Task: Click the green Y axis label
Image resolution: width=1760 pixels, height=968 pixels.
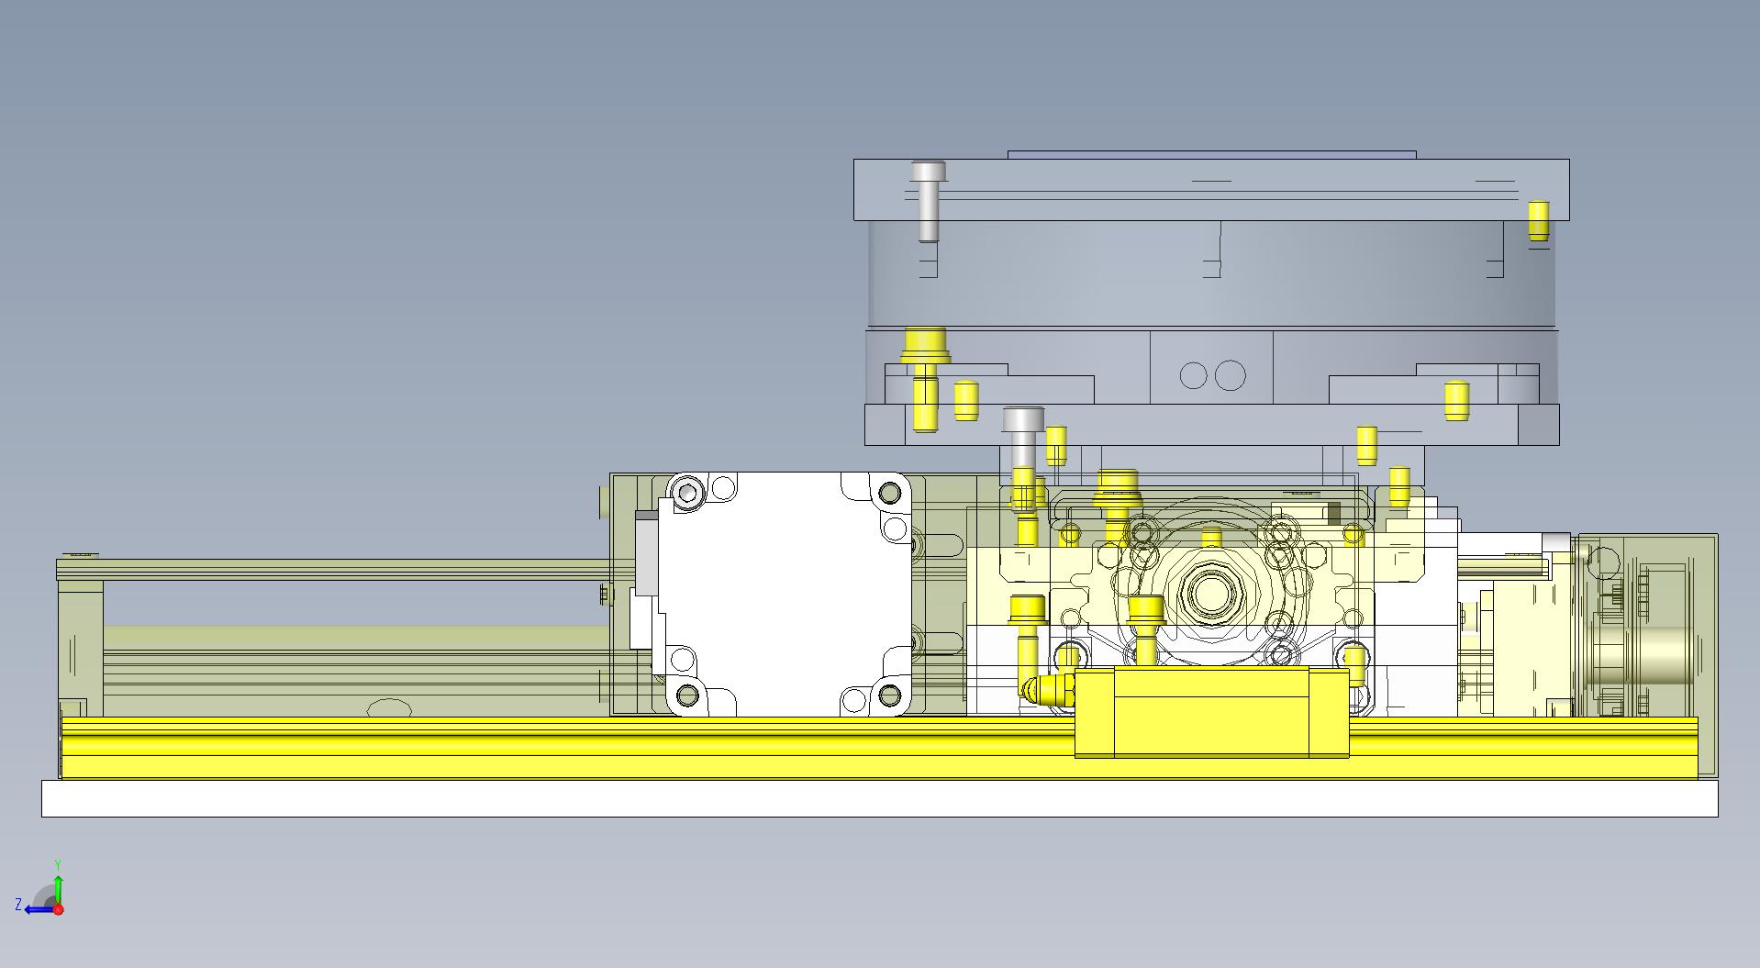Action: (57, 865)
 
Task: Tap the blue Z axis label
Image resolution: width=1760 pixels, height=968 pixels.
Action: (18, 905)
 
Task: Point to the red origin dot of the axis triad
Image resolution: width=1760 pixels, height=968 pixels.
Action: (58, 909)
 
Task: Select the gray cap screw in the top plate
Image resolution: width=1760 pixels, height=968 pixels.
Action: (929, 202)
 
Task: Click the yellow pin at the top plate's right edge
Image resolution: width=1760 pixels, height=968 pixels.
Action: (1539, 221)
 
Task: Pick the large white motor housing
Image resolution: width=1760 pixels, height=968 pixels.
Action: (785, 594)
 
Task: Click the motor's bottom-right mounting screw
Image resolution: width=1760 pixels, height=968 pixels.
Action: (888, 695)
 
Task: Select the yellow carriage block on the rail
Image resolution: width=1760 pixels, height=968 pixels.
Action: (1211, 712)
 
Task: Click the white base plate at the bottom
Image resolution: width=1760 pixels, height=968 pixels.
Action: (879, 798)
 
